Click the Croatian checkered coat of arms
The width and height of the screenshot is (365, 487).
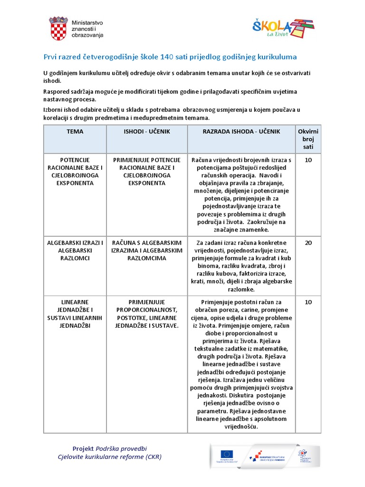[x=58, y=28]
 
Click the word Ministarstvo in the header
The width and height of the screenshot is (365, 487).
[x=87, y=22]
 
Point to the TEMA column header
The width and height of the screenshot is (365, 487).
[x=75, y=132]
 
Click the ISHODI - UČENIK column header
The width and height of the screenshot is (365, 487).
[x=146, y=132]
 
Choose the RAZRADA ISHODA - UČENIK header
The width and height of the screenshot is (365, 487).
[x=241, y=132]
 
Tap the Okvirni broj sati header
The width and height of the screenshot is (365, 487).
[x=308, y=139]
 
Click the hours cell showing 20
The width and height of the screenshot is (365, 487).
[x=308, y=243]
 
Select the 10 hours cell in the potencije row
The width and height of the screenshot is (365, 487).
[x=308, y=160]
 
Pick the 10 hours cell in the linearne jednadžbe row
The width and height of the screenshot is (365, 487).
[x=308, y=302]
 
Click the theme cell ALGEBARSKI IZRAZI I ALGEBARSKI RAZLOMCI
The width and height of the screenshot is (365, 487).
[x=75, y=251]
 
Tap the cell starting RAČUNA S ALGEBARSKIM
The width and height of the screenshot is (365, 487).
[x=146, y=251]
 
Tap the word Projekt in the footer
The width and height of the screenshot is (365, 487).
[x=83, y=448]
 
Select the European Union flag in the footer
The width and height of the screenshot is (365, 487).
[x=227, y=454]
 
